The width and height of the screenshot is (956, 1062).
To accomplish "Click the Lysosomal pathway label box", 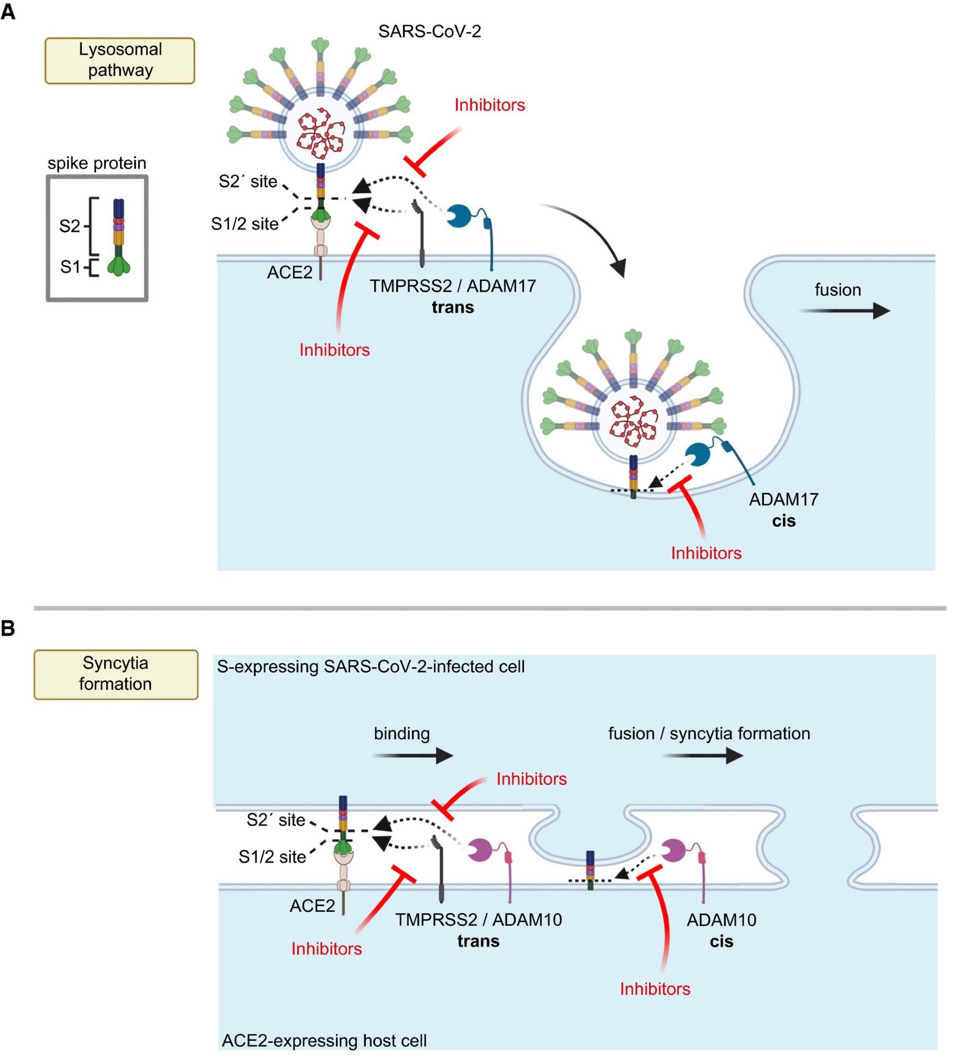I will coord(119,60).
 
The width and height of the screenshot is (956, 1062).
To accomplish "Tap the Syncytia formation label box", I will coord(115,673).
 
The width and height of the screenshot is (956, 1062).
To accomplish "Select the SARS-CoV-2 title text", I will coord(429,31).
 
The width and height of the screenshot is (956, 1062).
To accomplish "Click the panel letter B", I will coord(8,628).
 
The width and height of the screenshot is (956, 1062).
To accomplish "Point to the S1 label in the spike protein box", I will coord(70,267).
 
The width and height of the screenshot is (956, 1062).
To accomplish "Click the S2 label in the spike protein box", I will coord(70,226).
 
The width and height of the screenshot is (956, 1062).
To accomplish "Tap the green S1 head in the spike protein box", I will coord(118,266).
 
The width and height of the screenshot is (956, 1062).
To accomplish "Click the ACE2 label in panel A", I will coord(289,272).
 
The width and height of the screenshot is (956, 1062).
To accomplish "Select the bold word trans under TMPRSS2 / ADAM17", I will coord(452,307).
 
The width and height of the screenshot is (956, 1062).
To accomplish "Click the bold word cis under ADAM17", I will coord(783,520).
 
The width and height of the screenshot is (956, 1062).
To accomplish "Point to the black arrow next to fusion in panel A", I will coord(844,311).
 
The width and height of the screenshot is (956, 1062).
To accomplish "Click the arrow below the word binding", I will coord(412,755).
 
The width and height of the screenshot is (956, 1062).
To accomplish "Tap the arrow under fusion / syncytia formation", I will coord(702,755).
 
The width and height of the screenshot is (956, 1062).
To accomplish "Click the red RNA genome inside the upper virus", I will coord(320,134).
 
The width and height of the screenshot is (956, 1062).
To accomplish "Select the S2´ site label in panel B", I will coord(275,820).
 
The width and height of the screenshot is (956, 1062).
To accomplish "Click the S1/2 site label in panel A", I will coord(244,224).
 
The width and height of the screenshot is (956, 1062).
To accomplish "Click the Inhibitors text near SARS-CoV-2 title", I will coord(489,105).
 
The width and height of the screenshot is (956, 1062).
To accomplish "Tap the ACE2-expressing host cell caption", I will coord(324,1040).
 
